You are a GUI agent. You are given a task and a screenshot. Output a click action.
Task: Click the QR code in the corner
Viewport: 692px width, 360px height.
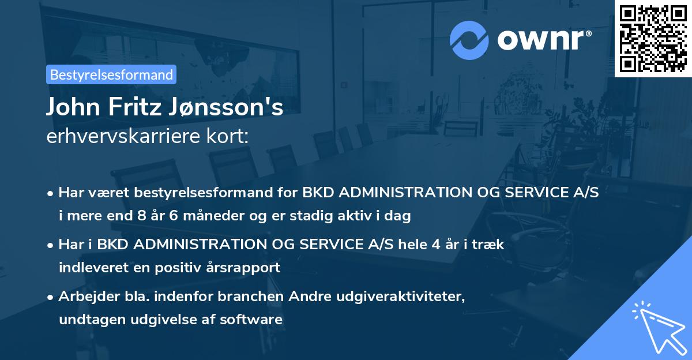tap(653, 39)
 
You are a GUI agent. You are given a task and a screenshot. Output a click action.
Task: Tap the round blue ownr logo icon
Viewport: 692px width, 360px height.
tap(470, 40)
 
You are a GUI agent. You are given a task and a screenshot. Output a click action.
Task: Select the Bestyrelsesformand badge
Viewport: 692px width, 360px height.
tap(111, 74)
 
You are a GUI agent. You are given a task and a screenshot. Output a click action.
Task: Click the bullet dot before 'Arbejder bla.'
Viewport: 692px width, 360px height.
tap(51, 297)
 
